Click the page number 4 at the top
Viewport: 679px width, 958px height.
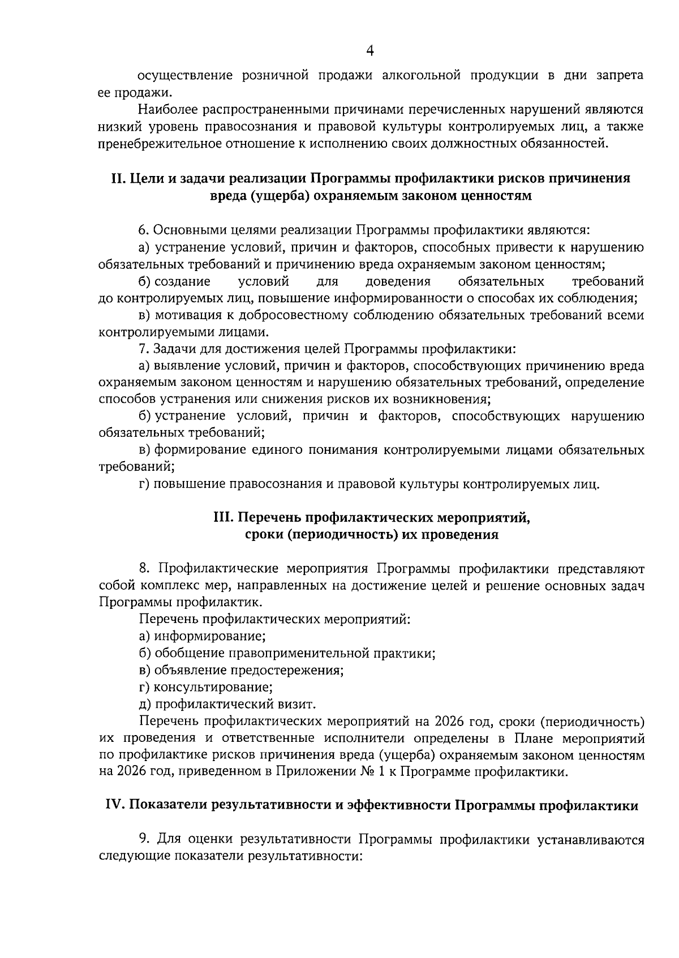[x=370, y=51]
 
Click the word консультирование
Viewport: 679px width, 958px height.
[x=214, y=687]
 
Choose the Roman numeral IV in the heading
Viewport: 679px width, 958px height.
[x=116, y=806]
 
